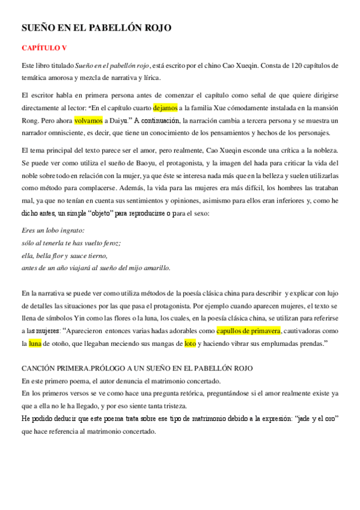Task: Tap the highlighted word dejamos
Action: [x=165, y=108]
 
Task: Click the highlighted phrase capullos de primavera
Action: [x=248, y=331]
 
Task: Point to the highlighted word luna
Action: [x=35, y=343]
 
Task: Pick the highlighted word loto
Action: [x=190, y=343]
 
